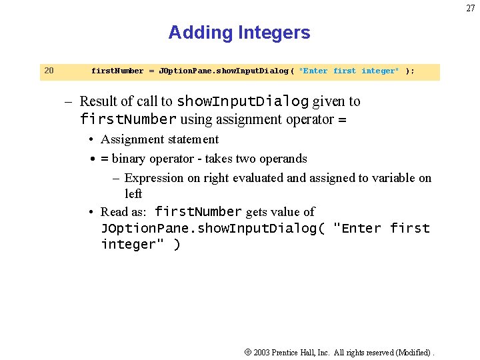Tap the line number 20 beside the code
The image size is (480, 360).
[48, 71]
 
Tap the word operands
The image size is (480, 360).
[284, 159]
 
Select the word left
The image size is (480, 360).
[133, 194]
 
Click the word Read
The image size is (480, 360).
[113, 212]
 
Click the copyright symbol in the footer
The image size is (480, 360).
[247, 351]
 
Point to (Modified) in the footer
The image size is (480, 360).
[413, 352]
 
